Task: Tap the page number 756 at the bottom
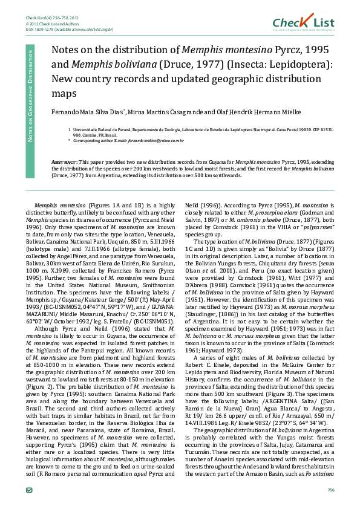330,489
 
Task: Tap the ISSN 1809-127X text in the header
42,28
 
